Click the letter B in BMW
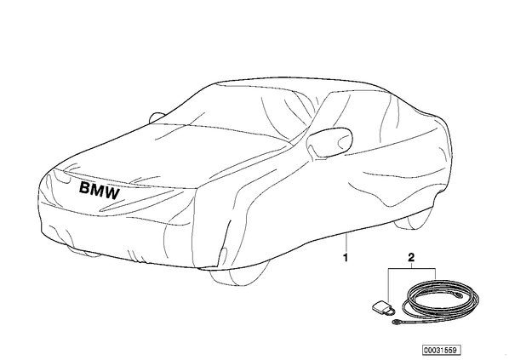tap(84, 188)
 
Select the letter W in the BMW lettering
tap(112, 193)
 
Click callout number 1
tap(346, 258)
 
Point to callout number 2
tap(411, 258)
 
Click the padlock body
tap(380, 306)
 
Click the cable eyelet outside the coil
tap(396, 322)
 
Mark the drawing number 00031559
tap(441, 351)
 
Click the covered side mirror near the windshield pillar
tap(329, 142)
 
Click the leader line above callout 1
tap(346, 243)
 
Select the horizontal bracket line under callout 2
tap(412, 268)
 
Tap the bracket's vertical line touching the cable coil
tap(435, 274)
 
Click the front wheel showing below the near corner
tap(238, 275)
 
